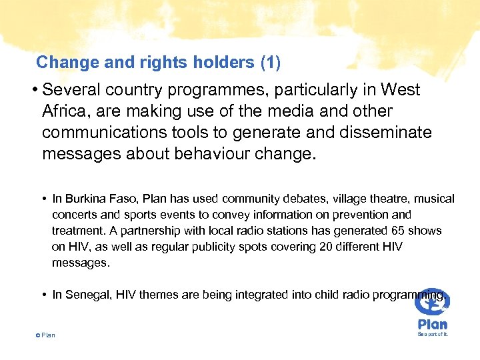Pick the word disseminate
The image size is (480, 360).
(x=381, y=133)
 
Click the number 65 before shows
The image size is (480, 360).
(x=394, y=231)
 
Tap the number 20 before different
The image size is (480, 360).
(x=289, y=247)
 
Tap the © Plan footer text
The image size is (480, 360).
(x=45, y=335)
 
